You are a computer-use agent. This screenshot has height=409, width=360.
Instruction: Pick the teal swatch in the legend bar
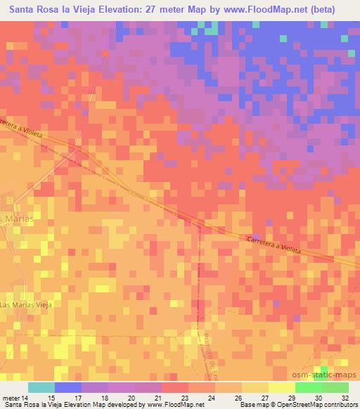[41, 387]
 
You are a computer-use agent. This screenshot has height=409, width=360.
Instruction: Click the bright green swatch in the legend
[309, 387]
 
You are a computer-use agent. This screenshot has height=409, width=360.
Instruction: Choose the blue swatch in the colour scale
[68, 387]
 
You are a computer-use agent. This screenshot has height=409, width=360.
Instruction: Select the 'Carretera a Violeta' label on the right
[277, 243]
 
